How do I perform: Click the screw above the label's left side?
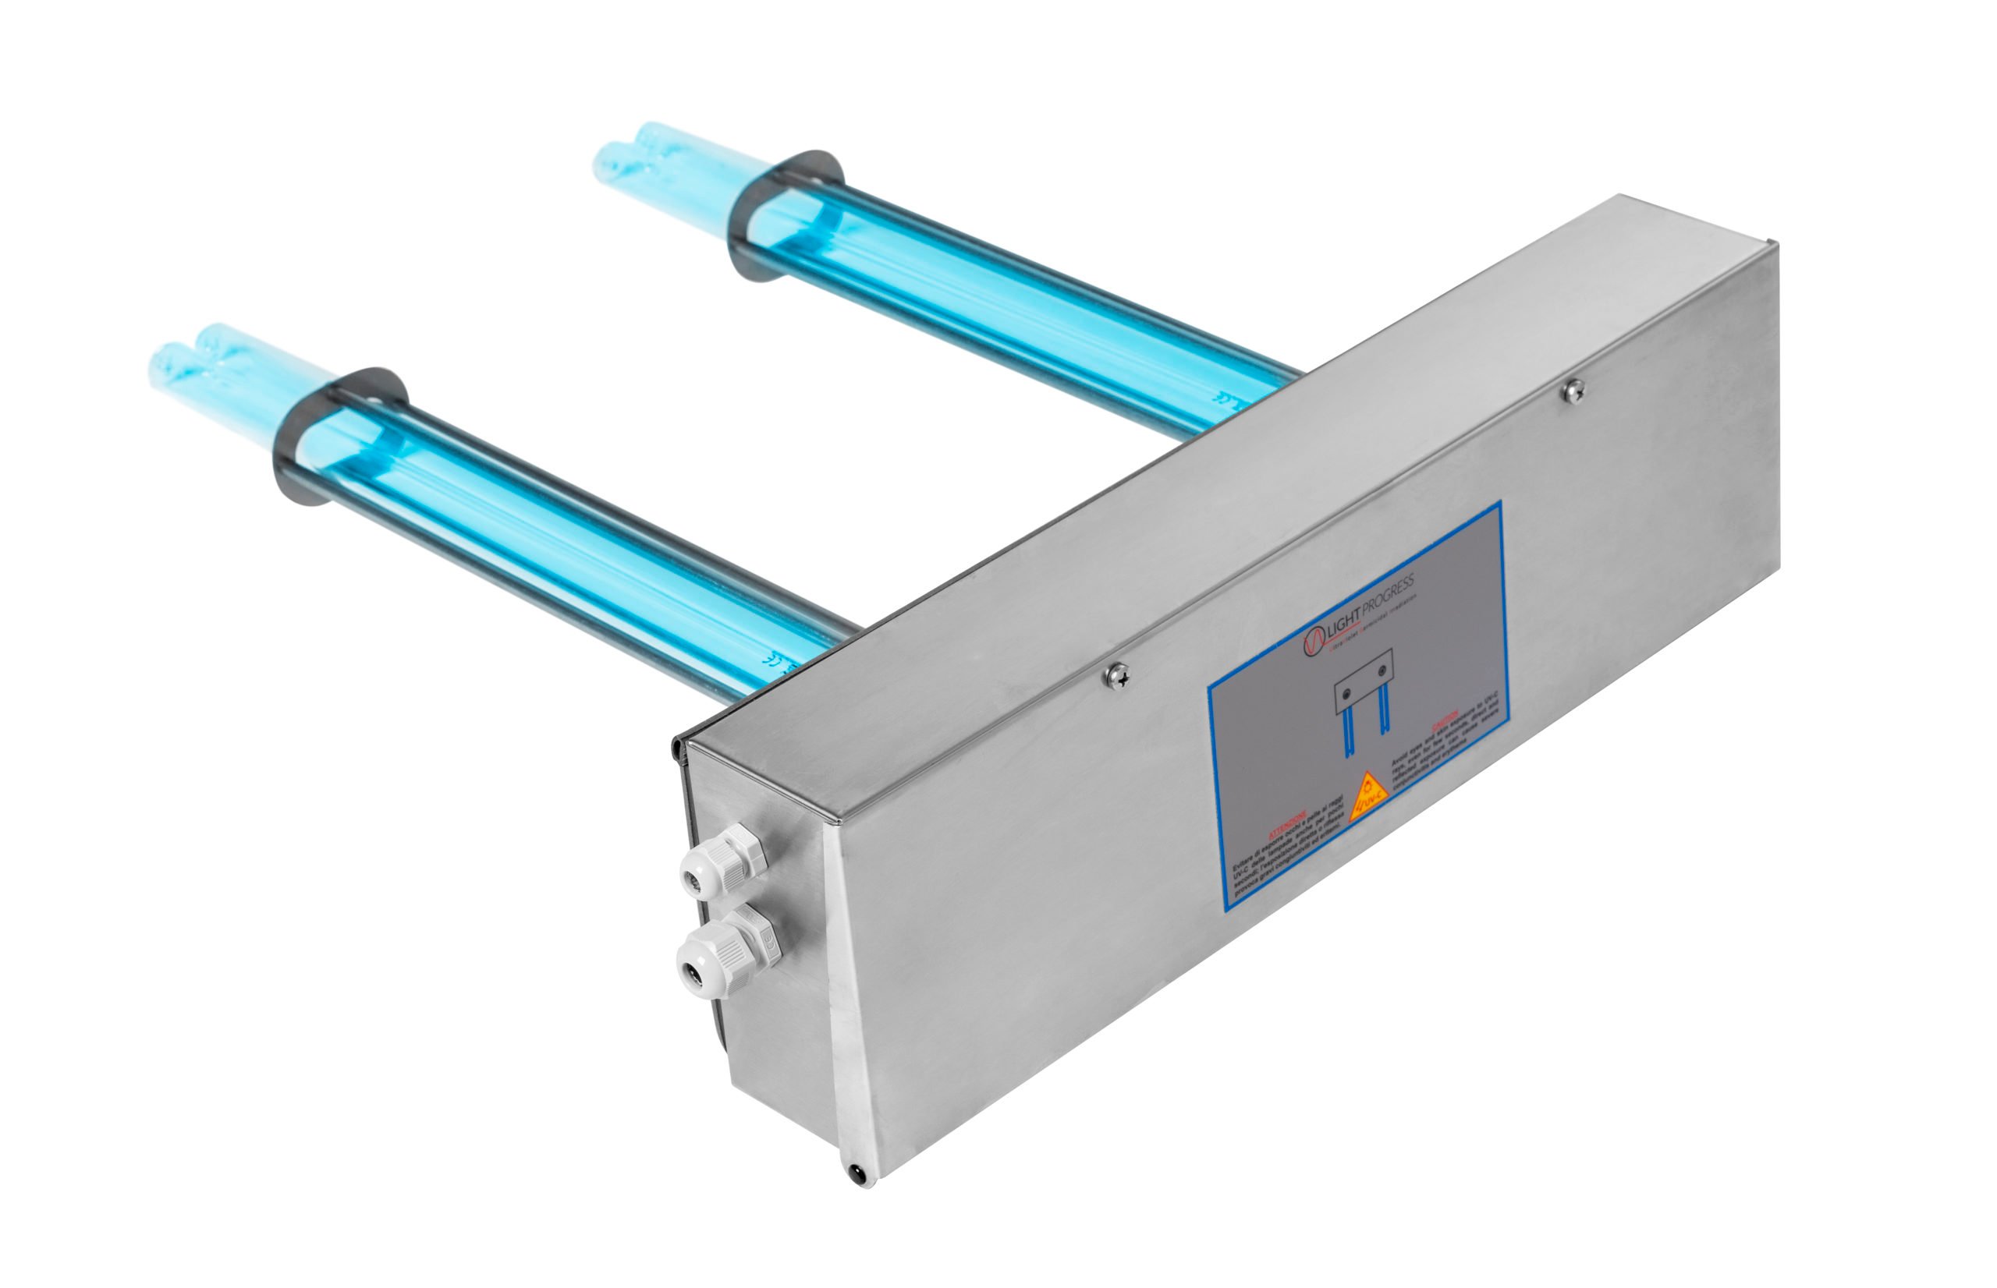coord(1116,674)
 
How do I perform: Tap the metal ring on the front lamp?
coord(339,435)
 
